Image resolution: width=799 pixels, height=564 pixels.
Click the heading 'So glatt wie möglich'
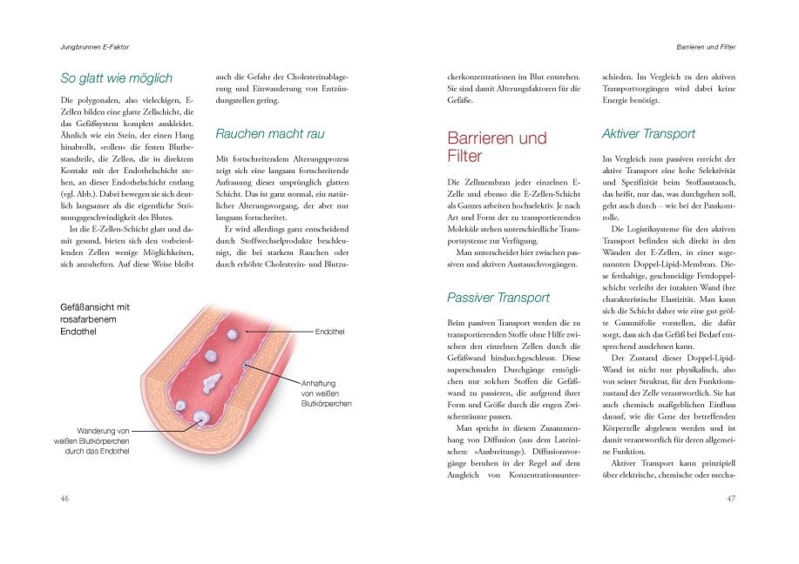pyautogui.click(x=116, y=77)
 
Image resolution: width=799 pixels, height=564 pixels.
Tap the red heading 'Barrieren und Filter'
pyautogui.click(x=497, y=147)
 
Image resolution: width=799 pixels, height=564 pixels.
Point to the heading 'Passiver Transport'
pyautogui.click(x=498, y=298)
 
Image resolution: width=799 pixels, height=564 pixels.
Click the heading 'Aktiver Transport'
pyautogui.click(x=648, y=134)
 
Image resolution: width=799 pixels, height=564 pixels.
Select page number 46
pyautogui.click(x=64, y=499)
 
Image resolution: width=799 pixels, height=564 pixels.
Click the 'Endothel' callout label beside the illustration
pyautogui.click(x=331, y=332)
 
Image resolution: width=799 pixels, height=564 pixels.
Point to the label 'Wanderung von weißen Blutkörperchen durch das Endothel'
pyautogui.click(x=91, y=440)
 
